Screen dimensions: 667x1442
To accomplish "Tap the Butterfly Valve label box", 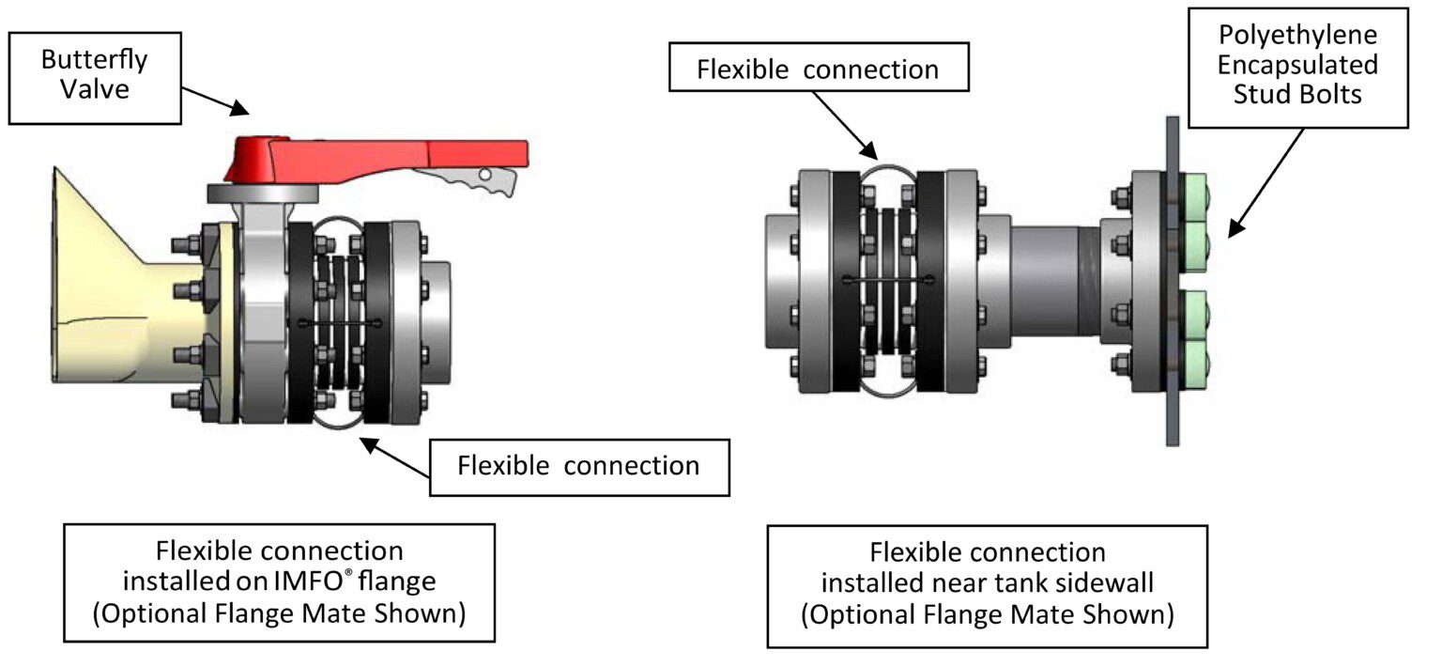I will pos(93,75).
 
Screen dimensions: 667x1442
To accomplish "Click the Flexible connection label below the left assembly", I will pos(578,466).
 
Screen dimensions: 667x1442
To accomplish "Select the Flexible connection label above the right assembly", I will pos(817,70).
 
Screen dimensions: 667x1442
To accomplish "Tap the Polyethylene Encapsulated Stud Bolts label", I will pos(1297,65).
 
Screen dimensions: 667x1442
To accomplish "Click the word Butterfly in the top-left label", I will pos(94,60).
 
